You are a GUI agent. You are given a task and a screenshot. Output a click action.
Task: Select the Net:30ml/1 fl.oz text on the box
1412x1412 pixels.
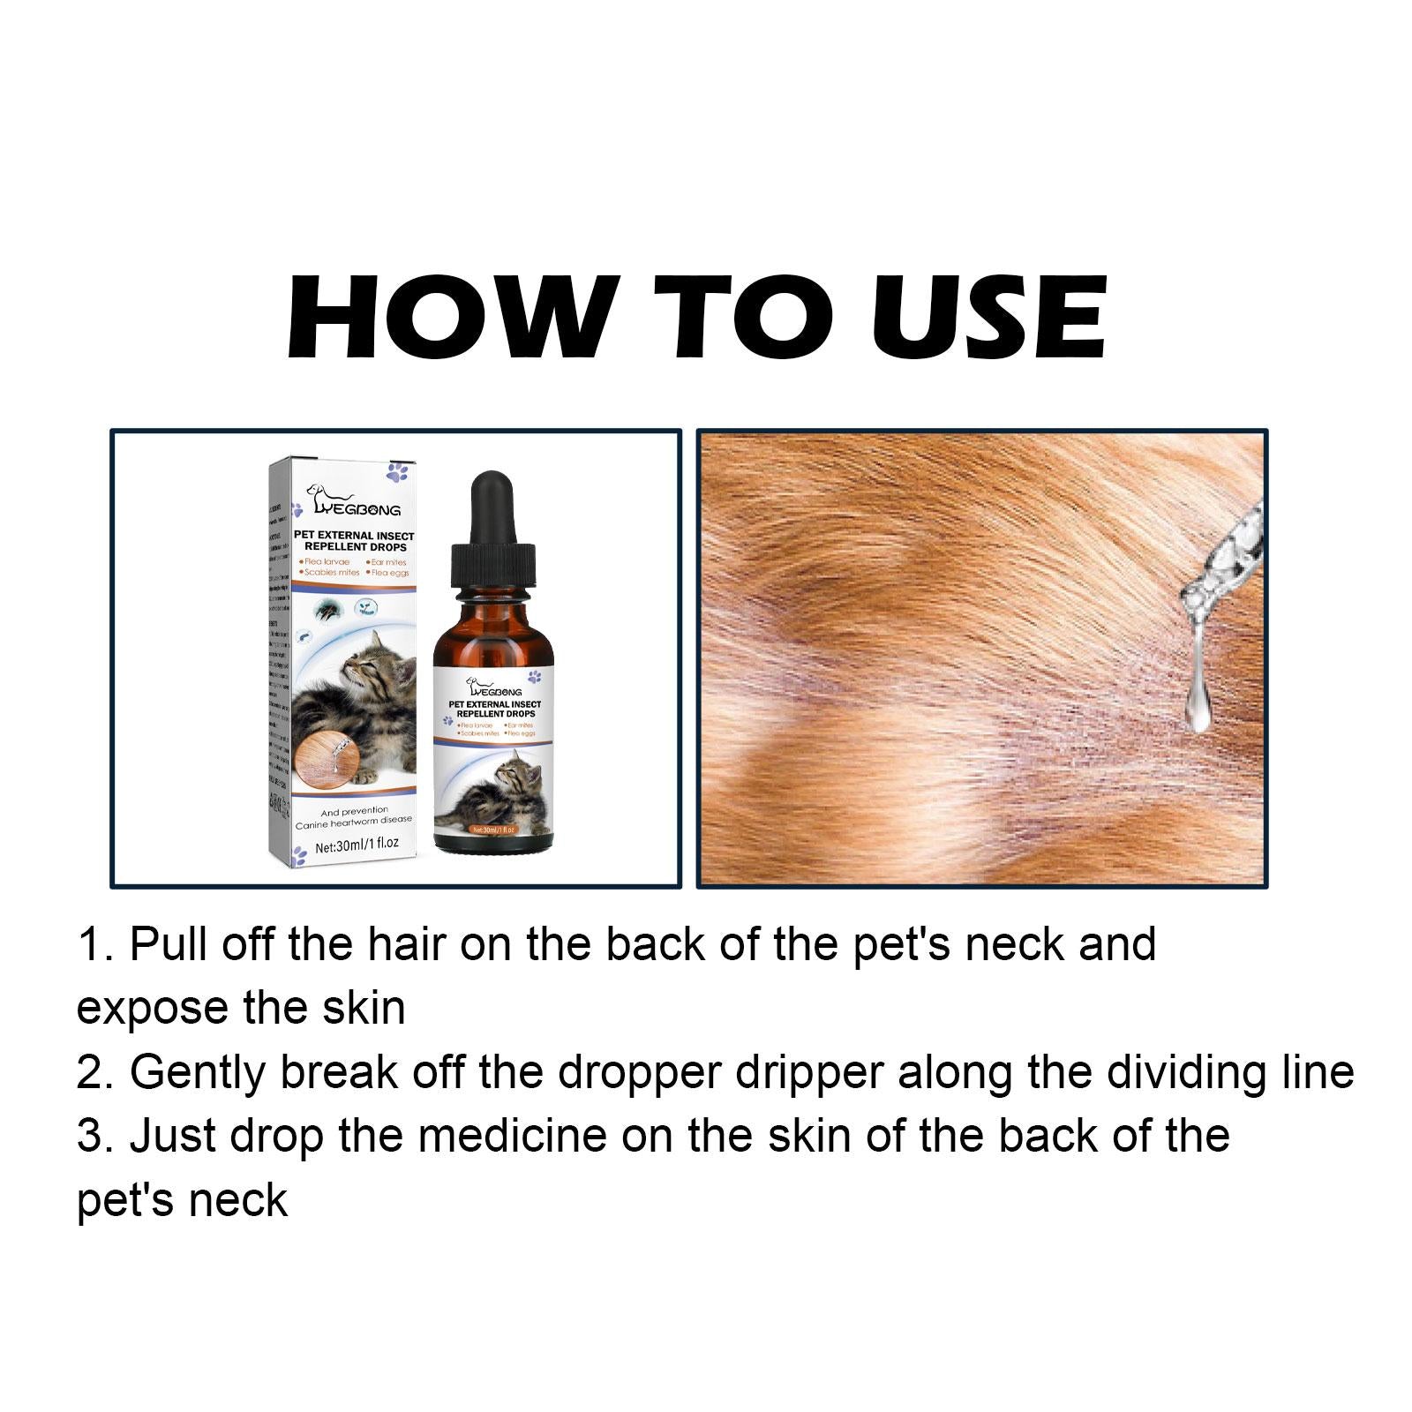tap(356, 844)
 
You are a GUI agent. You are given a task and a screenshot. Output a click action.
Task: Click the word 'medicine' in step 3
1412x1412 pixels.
tap(512, 1136)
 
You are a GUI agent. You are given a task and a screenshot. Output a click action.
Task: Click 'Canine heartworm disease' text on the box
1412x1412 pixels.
tap(353, 821)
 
